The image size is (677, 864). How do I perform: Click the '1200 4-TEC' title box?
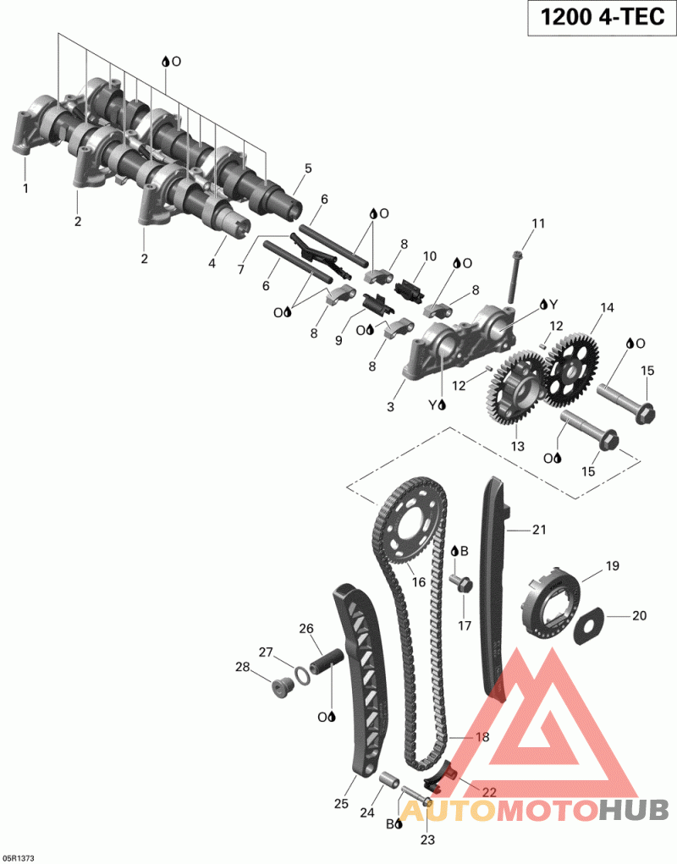602,18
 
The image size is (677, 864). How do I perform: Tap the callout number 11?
538,223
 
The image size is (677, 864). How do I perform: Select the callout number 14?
607,307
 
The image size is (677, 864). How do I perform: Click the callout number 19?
612,566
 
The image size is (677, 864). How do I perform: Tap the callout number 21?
539,530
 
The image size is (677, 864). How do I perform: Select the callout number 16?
419,582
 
